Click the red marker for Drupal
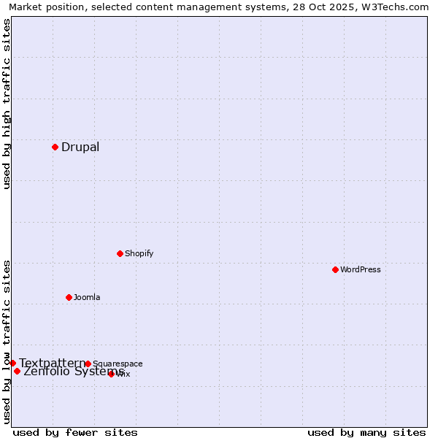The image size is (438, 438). click(x=55, y=147)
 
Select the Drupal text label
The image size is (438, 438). click(x=80, y=147)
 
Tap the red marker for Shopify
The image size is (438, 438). click(x=120, y=253)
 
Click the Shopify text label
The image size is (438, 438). click(x=139, y=254)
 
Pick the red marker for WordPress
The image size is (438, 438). click(x=335, y=269)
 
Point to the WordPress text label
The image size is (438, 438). click(x=360, y=270)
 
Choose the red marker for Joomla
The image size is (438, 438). click(x=69, y=297)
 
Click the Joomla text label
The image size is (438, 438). click(x=87, y=298)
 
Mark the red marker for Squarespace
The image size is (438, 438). click(x=88, y=364)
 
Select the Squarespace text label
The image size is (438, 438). click(x=118, y=364)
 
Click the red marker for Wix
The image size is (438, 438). click(x=111, y=374)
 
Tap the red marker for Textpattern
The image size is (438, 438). click(x=12, y=363)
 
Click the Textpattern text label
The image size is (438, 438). click(x=52, y=363)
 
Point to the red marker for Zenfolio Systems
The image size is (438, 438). click(x=17, y=371)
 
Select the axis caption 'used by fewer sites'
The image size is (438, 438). click(x=75, y=432)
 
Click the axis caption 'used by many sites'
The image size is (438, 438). click(x=366, y=432)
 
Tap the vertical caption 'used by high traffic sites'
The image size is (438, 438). click(x=7, y=104)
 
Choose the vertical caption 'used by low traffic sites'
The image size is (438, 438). click(x=7, y=342)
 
